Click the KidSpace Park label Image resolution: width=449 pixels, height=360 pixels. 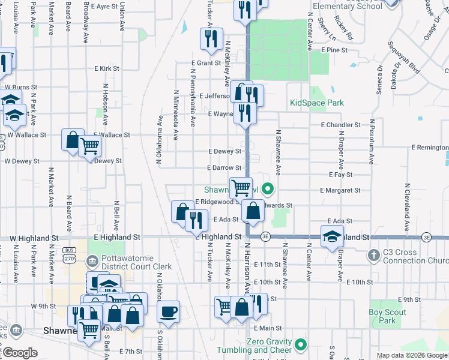click(x=316, y=103)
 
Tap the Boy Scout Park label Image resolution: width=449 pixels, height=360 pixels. click(x=387, y=316)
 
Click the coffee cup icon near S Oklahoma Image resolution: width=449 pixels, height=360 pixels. click(x=169, y=311)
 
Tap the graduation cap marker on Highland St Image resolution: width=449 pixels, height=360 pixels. click(x=332, y=236)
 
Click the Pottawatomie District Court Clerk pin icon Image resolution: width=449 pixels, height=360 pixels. click(x=92, y=261)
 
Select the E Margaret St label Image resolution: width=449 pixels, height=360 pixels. click(x=340, y=190)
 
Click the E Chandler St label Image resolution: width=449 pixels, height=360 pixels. click(x=340, y=125)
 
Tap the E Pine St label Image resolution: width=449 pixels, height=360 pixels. click(x=334, y=50)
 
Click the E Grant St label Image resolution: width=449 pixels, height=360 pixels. click(x=206, y=62)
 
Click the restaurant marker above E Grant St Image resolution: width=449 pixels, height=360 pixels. click(x=211, y=39)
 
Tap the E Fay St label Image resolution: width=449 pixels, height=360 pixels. click(x=340, y=174)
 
